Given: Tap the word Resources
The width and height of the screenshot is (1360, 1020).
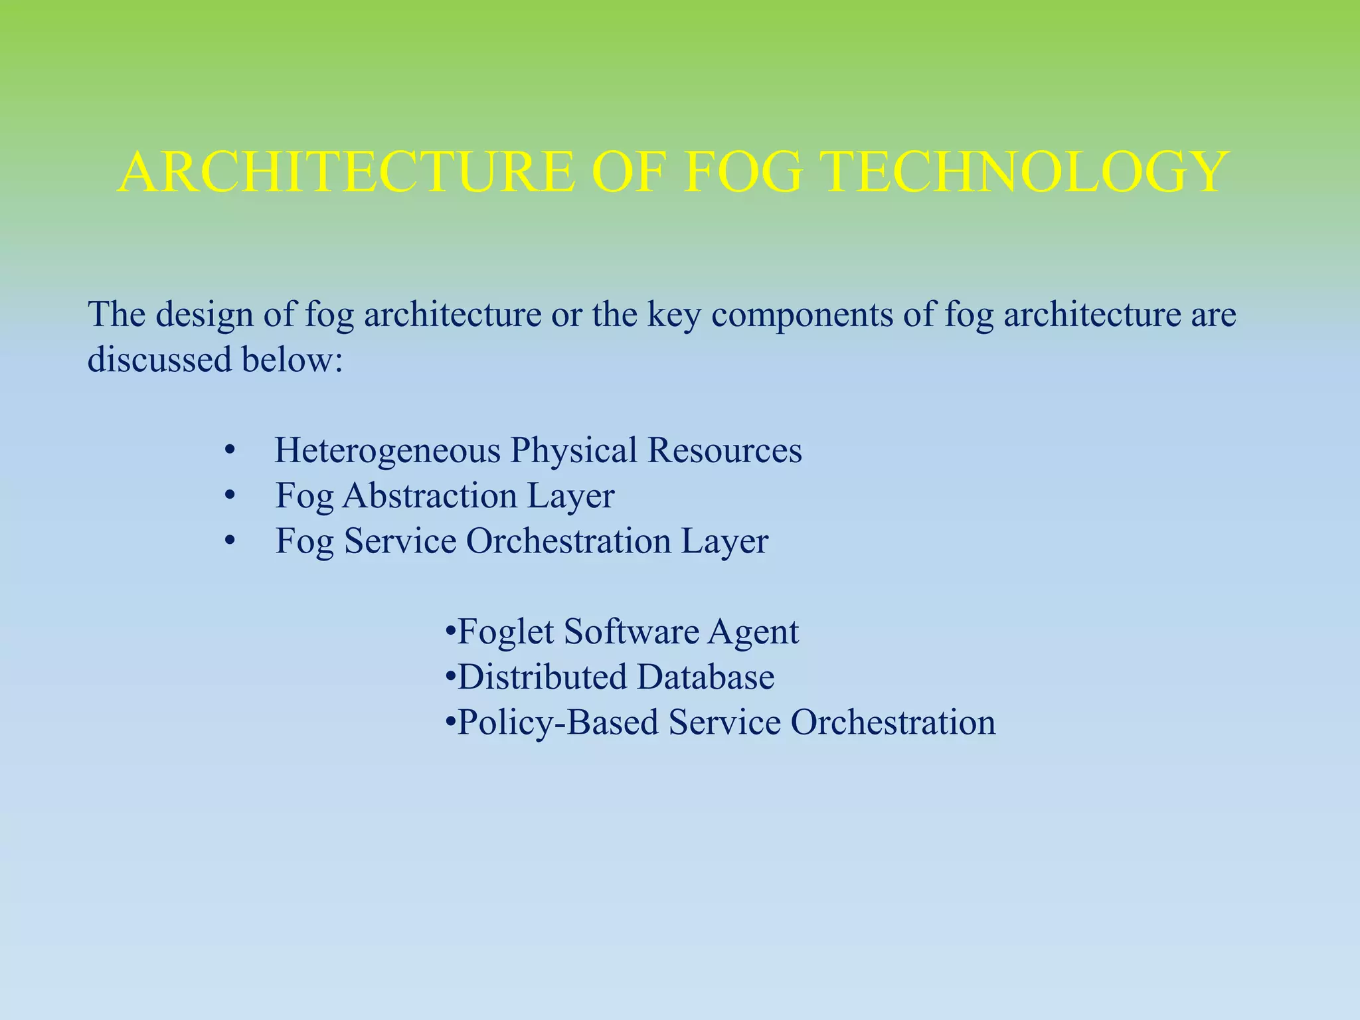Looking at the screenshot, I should [724, 451].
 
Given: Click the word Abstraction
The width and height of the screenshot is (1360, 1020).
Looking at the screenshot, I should [430, 496].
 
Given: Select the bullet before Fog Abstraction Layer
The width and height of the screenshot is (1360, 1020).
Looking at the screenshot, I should [230, 496].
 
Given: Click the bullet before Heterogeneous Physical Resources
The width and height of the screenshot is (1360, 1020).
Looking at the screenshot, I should [230, 451].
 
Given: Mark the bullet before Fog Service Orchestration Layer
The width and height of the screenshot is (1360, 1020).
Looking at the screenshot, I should [230, 541].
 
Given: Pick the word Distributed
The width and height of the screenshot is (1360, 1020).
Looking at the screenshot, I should [542, 677].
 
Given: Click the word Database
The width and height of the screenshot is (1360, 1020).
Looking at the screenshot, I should [706, 677].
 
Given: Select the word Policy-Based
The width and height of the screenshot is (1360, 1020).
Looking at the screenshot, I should [558, 722].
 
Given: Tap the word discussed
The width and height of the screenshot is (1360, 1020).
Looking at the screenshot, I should [159, 360].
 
